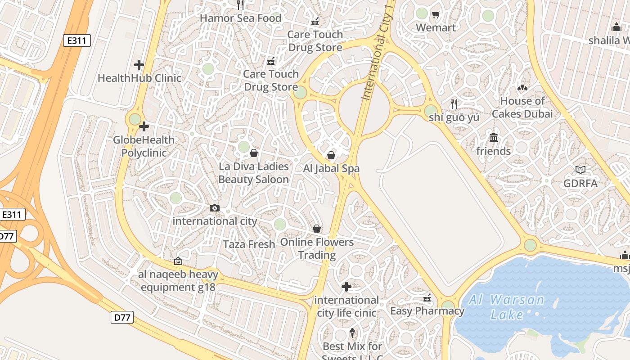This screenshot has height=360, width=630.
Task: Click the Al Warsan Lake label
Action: (506, 307)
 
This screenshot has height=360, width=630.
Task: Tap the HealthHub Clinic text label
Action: (139, 78)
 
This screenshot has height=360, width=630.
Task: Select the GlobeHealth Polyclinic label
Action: (144, 146)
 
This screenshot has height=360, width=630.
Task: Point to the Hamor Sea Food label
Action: (240, 18)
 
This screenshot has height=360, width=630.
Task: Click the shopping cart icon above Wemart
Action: (436, 15)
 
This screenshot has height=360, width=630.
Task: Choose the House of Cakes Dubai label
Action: (522, 108)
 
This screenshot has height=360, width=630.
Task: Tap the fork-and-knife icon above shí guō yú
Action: (454, 103)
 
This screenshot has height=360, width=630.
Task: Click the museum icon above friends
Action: (494, 137)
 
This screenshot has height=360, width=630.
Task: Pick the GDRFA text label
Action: (580, 184)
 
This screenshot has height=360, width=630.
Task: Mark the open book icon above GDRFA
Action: (580, 170)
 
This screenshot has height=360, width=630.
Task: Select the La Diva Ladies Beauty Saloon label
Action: (254, 173)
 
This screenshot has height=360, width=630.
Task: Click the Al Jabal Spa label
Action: (332, 169)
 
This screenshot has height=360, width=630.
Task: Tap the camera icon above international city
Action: (215, 208)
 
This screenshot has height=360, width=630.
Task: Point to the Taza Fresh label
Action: (249, 244)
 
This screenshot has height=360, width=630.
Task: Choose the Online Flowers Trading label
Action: (317, 248)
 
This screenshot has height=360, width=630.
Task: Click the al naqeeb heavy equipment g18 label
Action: (178, 281)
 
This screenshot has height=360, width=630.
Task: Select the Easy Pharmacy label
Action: (427, 311)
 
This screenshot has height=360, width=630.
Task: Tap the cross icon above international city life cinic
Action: (346, 286)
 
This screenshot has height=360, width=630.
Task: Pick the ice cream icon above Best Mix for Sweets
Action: (352, 333)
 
